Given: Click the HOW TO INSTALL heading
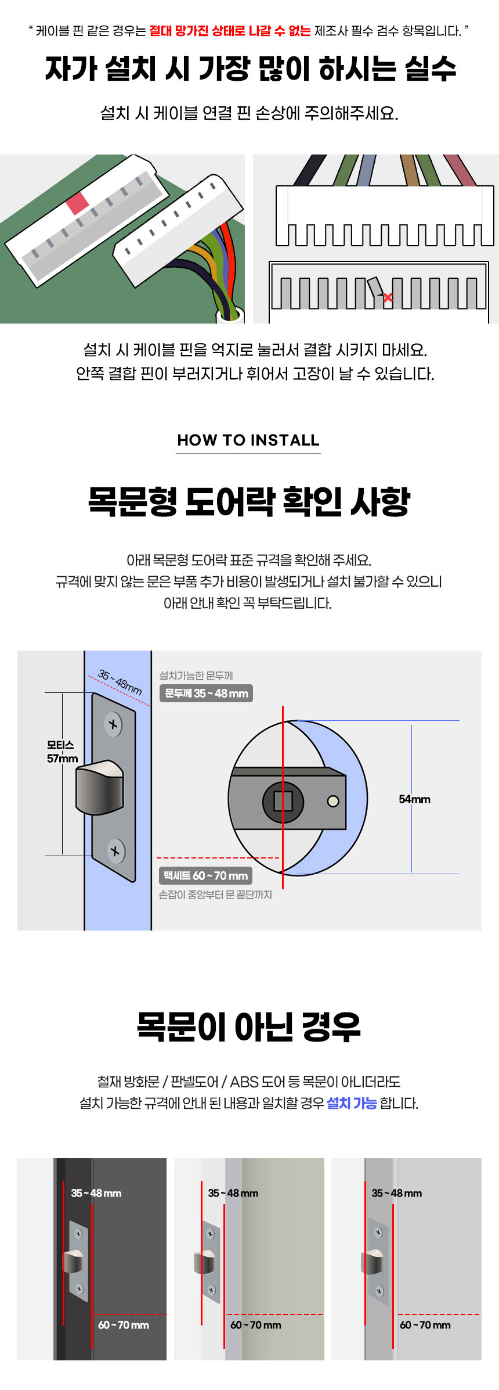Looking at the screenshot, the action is (248, 440).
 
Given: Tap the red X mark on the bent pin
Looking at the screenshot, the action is (388, 297).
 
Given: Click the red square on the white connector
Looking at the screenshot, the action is (77, 203).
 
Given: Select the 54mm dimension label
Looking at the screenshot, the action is (414, 799).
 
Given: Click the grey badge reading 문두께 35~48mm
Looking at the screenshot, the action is (206, 693).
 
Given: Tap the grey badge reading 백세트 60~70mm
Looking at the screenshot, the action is (205, 875).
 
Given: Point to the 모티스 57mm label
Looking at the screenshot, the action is (62, 752).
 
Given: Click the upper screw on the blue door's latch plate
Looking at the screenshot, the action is (113, 724).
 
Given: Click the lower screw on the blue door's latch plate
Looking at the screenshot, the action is (115, 851).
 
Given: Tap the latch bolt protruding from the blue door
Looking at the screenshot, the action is (99, 787).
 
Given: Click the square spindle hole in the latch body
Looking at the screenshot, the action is (283, 802).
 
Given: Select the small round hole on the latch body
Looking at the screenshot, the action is (333, 802).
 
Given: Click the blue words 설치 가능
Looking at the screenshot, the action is (352, 1103).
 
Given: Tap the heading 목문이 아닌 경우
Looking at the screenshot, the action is (249, 1026).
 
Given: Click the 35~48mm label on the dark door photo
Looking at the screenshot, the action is (96, 1193).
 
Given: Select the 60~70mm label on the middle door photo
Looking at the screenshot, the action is (256, 1325).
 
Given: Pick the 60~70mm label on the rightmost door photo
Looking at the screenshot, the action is (425, 1325).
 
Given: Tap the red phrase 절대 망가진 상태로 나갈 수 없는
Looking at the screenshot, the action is (230, 31).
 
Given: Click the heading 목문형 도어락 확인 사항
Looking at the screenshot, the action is (249, 501).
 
